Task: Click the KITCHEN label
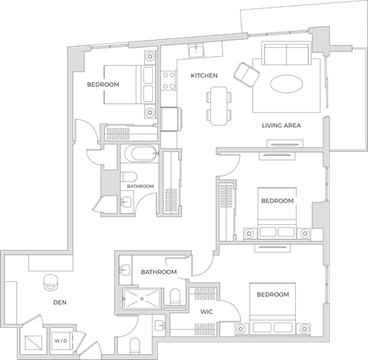click(205, 76)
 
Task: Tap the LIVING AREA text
click(281, 125)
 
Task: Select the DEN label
click(60, 302)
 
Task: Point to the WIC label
click(206, 312)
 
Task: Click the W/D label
click(60, 339)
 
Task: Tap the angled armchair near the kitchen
click(247, 74)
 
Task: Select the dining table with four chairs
click(219, 104)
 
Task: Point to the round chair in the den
click(51, 282)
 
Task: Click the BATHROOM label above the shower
click(159, 272)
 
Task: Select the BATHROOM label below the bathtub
click(140, 187)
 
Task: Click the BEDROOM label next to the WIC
click(272, 295)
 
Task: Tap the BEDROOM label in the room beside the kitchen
click(103, 84)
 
